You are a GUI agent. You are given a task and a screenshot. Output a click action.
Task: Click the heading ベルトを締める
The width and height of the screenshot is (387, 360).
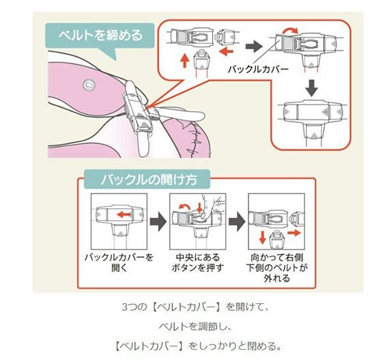(x=101, y=36)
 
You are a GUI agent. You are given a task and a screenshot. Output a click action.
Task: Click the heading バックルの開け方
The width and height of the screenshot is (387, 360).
(x=149, y=179)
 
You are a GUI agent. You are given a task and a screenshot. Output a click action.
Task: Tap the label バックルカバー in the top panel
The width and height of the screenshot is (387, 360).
(x=258, y=69)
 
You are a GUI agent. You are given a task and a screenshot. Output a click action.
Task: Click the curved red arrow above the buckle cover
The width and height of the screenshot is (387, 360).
(x=290, y=30)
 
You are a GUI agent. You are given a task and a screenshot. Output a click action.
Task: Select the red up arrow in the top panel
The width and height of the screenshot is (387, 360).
(x=184, y=61)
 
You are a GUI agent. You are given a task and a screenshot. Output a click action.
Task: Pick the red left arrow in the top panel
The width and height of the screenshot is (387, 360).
(x=226, y=52)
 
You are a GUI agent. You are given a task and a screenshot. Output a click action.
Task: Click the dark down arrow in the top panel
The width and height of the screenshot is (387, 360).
(x=311, y=88)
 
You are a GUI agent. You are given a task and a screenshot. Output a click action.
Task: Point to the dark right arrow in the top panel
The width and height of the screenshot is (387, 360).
(x=254, y=46)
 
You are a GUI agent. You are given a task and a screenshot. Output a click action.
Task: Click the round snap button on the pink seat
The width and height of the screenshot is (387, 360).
(x=89, y=85)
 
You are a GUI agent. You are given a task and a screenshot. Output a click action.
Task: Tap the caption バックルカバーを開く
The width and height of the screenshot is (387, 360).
(x=119, y=262)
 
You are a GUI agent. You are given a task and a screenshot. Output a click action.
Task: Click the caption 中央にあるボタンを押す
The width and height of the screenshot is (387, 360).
(x=197, y=262)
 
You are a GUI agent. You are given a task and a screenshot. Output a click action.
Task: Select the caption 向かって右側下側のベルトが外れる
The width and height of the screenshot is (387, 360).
(x=276, y=268)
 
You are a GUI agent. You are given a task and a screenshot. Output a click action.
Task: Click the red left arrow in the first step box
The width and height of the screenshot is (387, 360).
(x=124, y=214)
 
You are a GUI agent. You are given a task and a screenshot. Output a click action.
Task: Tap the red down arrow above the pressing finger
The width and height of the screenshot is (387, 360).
(x=200, y=207)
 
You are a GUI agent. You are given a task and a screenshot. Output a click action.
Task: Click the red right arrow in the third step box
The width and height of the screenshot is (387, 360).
(x=294, y=232)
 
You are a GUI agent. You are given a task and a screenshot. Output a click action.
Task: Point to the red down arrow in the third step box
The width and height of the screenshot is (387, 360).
(x=262, y=238)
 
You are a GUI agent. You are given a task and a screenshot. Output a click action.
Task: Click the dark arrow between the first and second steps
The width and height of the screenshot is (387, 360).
(x=158, y=221)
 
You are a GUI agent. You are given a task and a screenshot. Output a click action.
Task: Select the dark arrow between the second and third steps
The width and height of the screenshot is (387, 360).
(x=237, y=221)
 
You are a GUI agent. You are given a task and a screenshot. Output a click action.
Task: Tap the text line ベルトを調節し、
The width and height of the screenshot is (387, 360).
(x=195, y=327)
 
